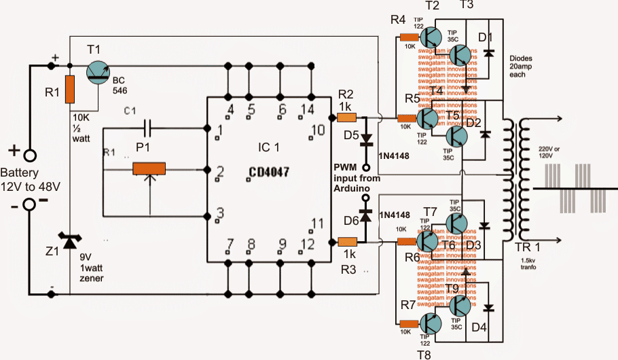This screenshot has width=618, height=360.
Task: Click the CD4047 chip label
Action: (268, 173)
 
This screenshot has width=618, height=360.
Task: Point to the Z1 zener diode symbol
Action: (69, 240)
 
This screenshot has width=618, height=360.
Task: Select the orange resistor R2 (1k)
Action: (347, 118)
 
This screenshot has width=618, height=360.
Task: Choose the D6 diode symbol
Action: (367, 216)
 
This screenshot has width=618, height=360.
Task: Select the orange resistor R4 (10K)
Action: (409, 38)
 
